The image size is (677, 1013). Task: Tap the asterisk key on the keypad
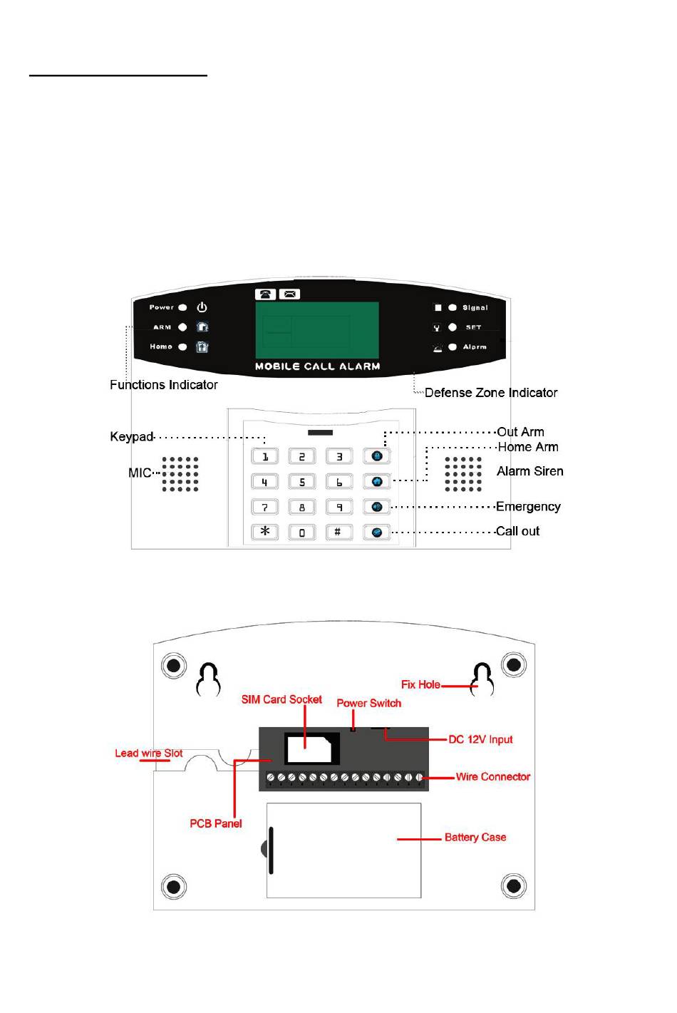click(264, 531)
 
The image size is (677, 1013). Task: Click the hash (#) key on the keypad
click(338, 532)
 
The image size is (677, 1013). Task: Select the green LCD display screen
click(317, 331)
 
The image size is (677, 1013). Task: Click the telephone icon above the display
click(265, 294)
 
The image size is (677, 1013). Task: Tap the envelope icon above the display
click(289, 294)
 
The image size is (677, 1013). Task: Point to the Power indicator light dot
click(182, 307)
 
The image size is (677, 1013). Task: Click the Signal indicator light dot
click(453, 307)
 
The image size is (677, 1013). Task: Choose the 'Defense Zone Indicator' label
click(491, 393)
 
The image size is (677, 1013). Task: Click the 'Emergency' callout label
click(528, 506)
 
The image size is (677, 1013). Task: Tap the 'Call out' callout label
click(517, 531)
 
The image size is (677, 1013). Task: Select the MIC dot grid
click(180, 474)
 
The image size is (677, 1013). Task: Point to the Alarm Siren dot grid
click(463, 474)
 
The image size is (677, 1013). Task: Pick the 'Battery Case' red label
click(475, 837)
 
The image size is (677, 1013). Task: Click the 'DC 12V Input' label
click(480, 739)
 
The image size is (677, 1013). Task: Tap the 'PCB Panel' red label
click(216, 823)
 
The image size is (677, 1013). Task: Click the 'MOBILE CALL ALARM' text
click(317, 366)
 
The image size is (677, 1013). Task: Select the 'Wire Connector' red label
click(492, 776)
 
